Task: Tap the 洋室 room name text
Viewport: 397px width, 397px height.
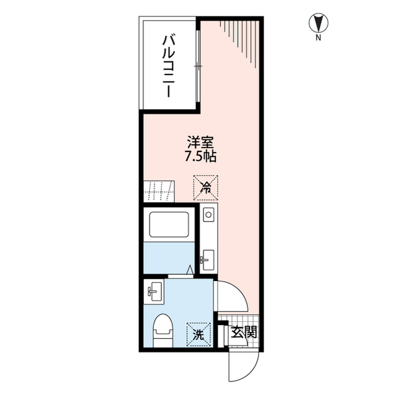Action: pyautogui.click(x=200, y=143)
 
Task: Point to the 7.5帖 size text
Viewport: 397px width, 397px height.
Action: pyautogui.click(x=200, y=156)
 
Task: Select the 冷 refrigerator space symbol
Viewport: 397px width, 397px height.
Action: pyautogui.click(x=205, y=188)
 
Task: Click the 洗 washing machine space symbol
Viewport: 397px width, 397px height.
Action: pyautogui.click(x=198, y=334)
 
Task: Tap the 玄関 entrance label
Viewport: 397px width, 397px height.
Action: pyautogui.click(x=244, y=332)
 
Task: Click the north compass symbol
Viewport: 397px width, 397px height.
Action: pyautogui.click(x=318, y=23)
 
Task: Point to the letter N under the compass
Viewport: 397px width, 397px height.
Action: pyautogui.click(x=318, y=38)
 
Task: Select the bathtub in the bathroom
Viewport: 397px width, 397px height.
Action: pyautogui.click(x=169, y=225)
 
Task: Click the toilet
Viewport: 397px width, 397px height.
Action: pyautogui.click(x=163, y=331)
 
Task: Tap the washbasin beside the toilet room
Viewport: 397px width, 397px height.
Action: pyautogui.click(x=154, y=292)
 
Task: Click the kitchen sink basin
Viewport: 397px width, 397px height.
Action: pyautogui.click(x=208, y=260)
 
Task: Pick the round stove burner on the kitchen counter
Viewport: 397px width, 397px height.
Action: pyautogui.click(x=208, y=215)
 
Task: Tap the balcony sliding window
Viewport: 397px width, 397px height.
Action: pyautogui.click(x=198, y=66)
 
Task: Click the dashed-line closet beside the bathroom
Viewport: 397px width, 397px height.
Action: pyautogui.click(x=159, y=192)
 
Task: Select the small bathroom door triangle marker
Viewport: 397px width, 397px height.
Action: pyautogui.click(x=190, y=269)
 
